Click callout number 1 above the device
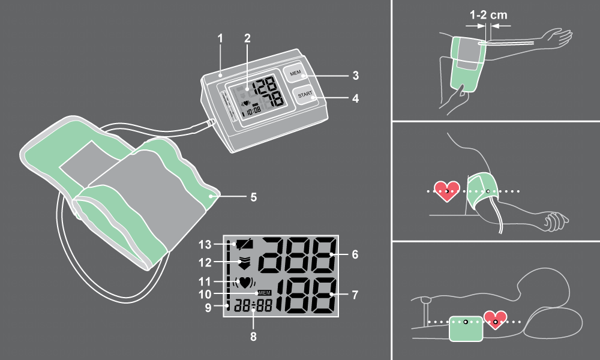pos(220,38)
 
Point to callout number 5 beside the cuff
pos(253,197)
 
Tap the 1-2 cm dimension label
pos(488,15)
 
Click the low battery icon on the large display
pos(242,244)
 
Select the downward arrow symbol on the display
pos(245,263)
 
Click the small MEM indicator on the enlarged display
pos(265,293)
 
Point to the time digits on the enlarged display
pos(253,305)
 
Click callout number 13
pos(205,244)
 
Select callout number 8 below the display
pos(253,337)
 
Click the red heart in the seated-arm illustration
pos(446,191)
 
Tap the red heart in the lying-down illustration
pos(496,320)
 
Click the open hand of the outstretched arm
pos(557,37)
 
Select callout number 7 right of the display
pos(355,295)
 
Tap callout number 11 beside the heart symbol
pos(205,281)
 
